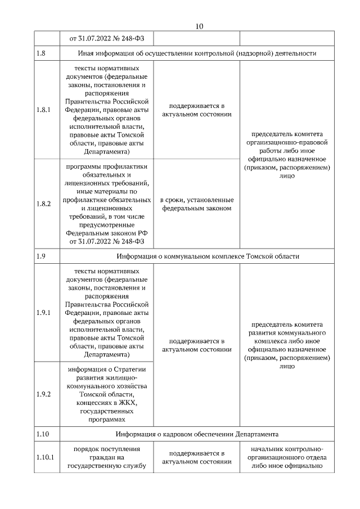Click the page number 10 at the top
pyautogui.click(x=199, y=26)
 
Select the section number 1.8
pyautogui.click(x=40, y=53)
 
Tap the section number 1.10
pyautogui.click(x=42, y=434)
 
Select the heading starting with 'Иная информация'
pyautogui.click(x=196, y=53)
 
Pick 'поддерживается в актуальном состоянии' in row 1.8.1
pyautogui.click(x=196, y=110)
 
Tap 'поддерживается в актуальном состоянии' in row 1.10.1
pyautogui.click(x=196, y=457)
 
